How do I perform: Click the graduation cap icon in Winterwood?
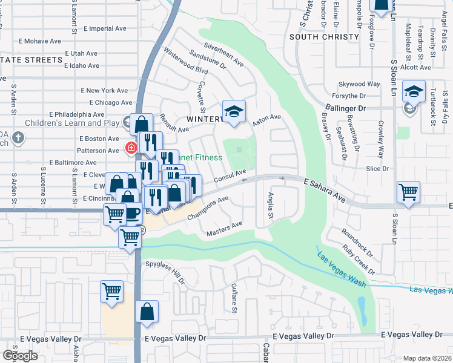click(234, 111)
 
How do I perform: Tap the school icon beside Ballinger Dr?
click(414, 91)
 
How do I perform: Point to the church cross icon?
click(18, 137)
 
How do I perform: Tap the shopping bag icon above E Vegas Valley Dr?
click(147, 312)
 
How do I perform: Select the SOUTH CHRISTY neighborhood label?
click(324, 37)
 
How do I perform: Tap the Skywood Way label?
click(359, 83)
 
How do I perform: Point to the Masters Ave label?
click(224, 227)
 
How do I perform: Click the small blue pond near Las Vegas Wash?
click(362, 310)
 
